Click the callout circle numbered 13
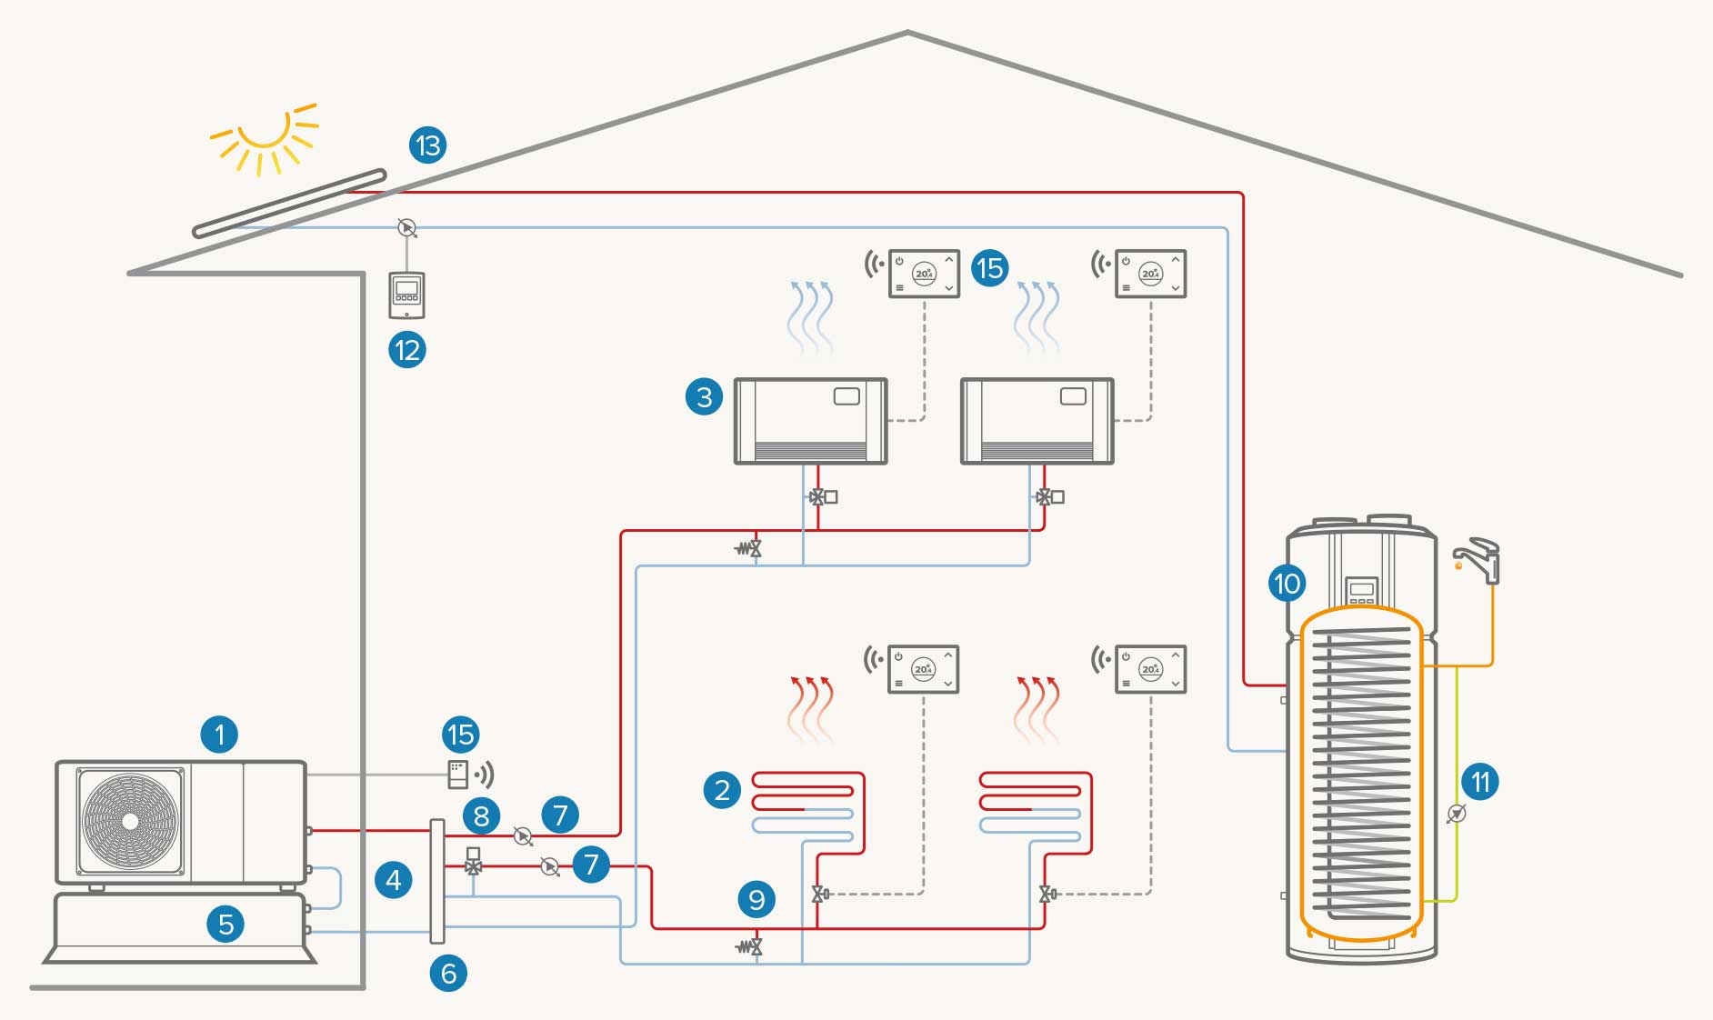(x=427, y=145)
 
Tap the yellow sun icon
(x=265, y=136)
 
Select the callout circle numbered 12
(x=407, y=350)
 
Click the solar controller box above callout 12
(x=406, y=295)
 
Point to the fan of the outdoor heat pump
(x=130, y=822)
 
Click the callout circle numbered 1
(x=219, y=734)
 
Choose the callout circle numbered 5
(x=226, y=925)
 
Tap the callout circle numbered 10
(x=1287, y=583)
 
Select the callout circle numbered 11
(x=1480, y=782)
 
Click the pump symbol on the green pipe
(x=1456, y=814)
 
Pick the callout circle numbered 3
(x=704, y=396)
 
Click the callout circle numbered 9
(x=756, y=900)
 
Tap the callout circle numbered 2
(x=722, y=789)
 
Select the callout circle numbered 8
(x=481, y=815)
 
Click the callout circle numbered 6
(x=448, y=974)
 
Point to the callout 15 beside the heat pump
(x=461, y=735)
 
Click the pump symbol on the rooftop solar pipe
(x=407, y=226)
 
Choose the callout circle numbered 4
(x=394, y=879)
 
